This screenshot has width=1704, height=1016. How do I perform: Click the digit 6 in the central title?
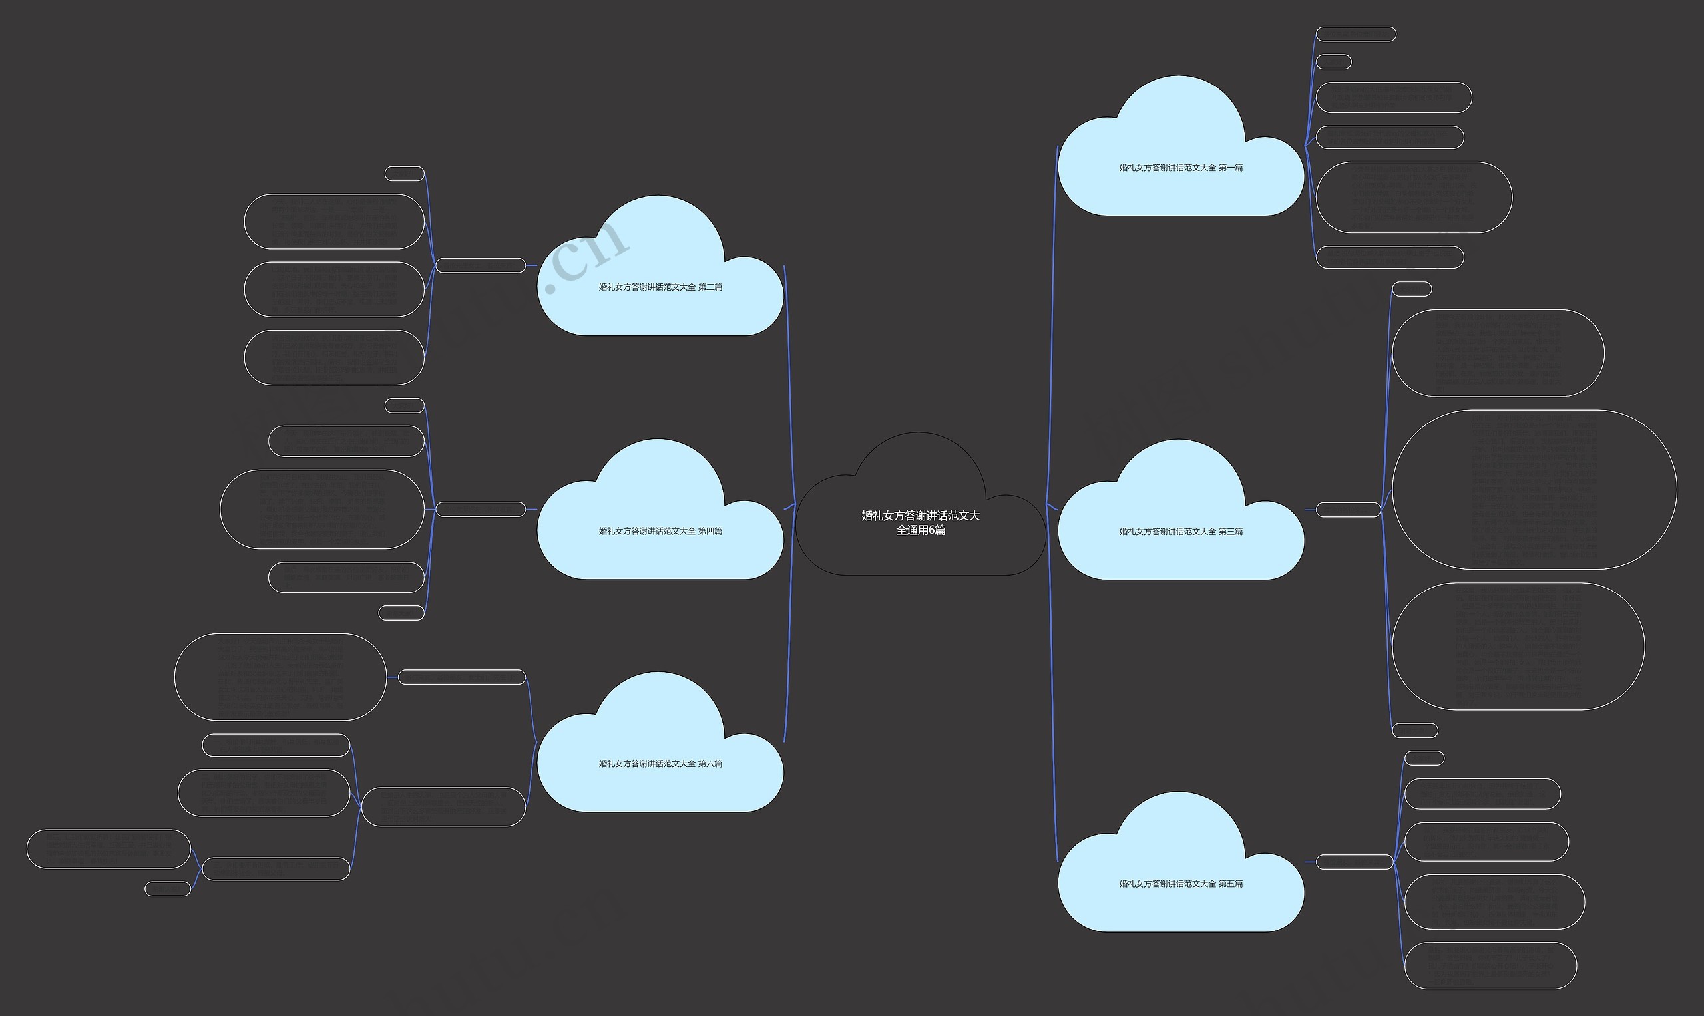point(933,530)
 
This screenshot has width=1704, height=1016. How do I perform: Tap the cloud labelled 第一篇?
point(1181,168)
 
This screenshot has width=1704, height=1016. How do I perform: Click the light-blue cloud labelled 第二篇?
point(660,287)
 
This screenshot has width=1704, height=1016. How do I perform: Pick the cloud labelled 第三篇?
point(1181,531)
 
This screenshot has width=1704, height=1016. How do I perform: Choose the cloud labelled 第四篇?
point(660,531)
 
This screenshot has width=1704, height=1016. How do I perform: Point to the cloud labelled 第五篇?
point(1181,884)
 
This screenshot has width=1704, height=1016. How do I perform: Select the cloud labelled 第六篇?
point(660,764)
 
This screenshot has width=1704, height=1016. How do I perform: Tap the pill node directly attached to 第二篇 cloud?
point(481,265)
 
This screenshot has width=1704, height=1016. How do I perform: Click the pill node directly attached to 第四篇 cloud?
point(481,510)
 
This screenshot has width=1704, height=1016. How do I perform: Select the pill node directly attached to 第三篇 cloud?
point(1348,510)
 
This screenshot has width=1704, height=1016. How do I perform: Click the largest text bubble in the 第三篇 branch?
point(1534,490)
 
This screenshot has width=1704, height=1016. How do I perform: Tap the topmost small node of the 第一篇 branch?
point(1355,34)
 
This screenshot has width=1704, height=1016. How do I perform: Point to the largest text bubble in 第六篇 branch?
point(280,677)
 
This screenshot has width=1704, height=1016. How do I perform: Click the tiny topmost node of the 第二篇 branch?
point(405,174)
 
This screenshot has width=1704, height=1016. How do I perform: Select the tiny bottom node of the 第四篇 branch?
point(401,613)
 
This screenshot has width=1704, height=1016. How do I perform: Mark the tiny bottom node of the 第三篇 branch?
point(1414,731)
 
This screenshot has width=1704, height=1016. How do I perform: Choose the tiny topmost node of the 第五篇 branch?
point(1424,759)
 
